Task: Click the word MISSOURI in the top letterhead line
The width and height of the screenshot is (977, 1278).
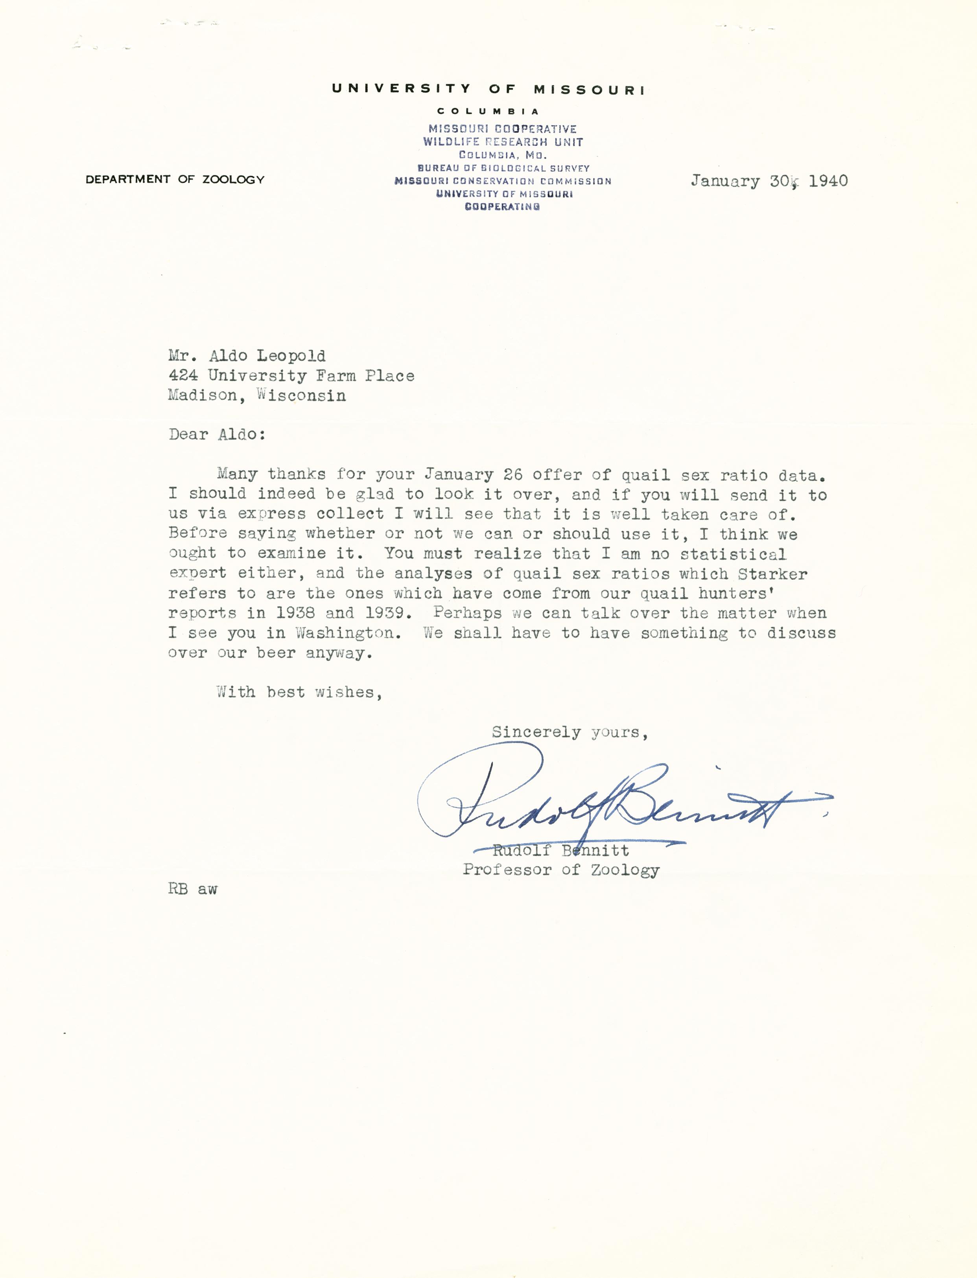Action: point(589,90)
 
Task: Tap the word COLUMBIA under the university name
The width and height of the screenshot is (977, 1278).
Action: point(489,111)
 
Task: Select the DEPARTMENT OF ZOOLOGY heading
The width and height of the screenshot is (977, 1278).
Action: point(175,180)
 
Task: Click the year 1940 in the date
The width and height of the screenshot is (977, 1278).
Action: point(828,181)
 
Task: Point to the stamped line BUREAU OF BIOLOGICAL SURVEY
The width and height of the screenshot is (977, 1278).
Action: point(503,168)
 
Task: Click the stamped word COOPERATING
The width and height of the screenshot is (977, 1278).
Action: point(502,206)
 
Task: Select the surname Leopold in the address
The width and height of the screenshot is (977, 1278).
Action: point(291,356)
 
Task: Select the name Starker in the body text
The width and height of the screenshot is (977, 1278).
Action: point(772,574)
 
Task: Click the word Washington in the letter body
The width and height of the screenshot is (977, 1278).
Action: point(348,633)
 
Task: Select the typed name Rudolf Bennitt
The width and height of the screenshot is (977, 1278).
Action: point(560,851)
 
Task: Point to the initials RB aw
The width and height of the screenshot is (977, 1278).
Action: point(192,889)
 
